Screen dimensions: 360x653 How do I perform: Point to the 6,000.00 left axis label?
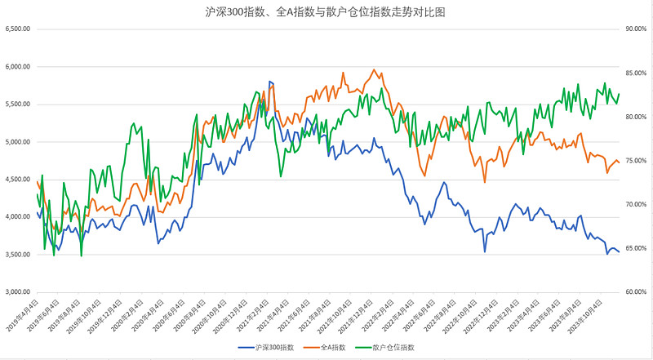[18, 66]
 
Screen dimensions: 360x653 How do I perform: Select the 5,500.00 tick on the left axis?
[18, 104]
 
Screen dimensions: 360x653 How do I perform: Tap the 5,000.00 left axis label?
[18, 141]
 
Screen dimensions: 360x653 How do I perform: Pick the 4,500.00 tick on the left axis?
[18, 179]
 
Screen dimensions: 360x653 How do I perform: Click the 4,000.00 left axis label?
[18, 216]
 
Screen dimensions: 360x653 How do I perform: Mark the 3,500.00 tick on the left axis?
[18, 254]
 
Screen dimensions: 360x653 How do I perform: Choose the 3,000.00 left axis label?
[18, 291]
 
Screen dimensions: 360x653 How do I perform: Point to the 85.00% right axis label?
[635, 73]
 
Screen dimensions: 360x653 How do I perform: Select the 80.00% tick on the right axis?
[635, 117]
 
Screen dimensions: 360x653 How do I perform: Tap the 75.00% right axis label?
[635, 160]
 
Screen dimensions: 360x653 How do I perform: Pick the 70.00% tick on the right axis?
[635, 204]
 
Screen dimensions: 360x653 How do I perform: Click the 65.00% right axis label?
[635, 248]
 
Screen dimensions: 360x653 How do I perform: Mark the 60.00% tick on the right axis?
[635, 291]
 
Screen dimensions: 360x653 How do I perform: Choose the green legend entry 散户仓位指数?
[393, 348]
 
